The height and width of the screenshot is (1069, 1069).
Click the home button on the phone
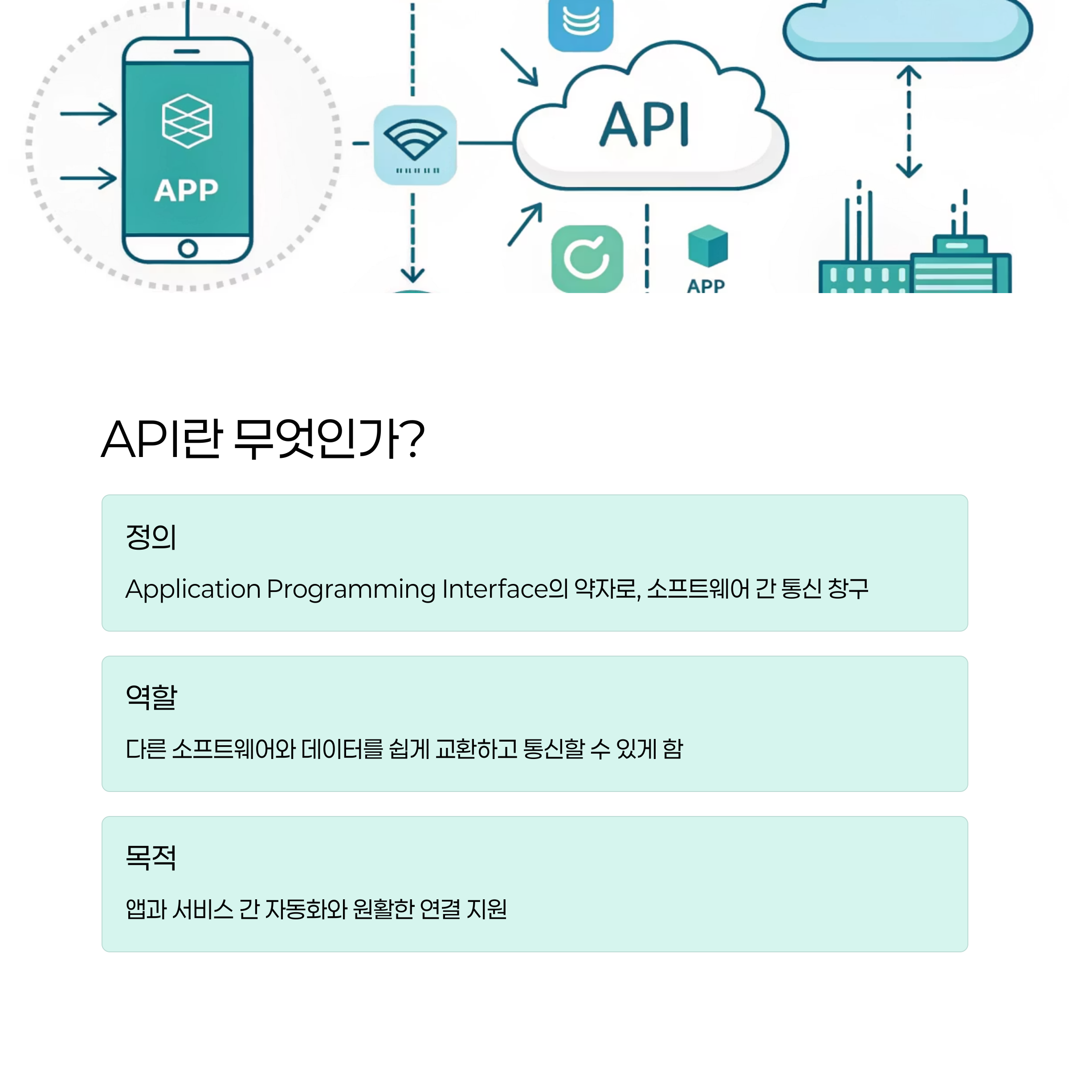[188, 249]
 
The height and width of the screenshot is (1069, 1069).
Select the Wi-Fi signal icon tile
[415, 144]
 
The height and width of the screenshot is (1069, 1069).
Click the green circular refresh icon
[587, 258]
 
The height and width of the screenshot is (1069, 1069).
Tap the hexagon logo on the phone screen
[187, 121]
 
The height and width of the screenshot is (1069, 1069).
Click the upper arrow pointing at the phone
[89, 114]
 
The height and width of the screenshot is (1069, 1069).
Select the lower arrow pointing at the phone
[89, 178]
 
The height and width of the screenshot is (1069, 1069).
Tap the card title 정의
[151, 537]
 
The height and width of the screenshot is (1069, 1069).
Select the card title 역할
[151, 697]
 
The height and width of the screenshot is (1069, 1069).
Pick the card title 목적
[151, 857]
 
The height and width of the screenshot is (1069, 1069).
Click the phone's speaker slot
[187, 52]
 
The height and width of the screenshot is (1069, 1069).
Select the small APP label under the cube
[706, 286]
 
